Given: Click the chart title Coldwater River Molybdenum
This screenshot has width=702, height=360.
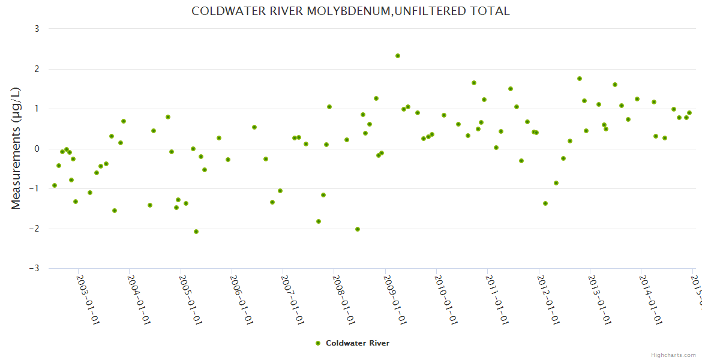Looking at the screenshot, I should point(350,11).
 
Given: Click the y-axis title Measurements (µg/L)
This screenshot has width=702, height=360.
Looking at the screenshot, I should point(16,148).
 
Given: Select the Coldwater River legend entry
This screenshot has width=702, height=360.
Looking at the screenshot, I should point(357,343).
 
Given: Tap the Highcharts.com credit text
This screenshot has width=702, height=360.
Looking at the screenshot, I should point(674,355).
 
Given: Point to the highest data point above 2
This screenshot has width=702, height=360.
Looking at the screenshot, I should point(398,56).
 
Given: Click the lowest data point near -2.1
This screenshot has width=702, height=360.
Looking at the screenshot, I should point(196,232).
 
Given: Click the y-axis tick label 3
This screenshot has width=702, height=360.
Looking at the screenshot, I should point(37,29).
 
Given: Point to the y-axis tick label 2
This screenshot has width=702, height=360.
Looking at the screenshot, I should point(37,69).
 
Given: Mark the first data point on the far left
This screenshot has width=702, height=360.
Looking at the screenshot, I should point(55,185).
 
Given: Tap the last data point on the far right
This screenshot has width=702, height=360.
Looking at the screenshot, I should point(689,113).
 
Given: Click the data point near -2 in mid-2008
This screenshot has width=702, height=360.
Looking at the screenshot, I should point(358,229).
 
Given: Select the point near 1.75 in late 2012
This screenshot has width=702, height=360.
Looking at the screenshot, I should point(580,79).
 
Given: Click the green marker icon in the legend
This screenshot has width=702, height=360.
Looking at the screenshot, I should point(318,343).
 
